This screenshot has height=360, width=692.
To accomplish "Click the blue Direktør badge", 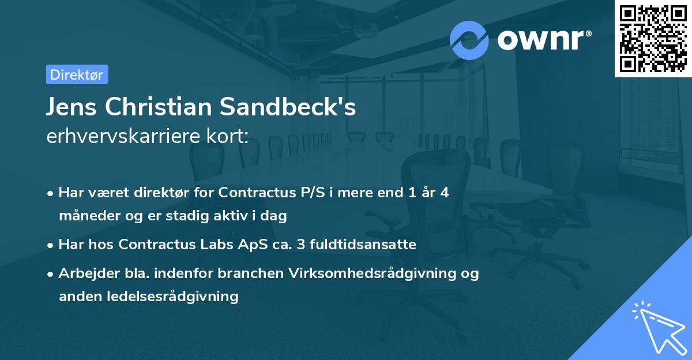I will coord(77,74).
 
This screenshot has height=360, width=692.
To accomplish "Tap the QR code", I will coord(653,38).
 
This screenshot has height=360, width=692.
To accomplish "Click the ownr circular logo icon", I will coord(469,40).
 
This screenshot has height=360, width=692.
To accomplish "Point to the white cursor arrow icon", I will coord(657,328).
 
